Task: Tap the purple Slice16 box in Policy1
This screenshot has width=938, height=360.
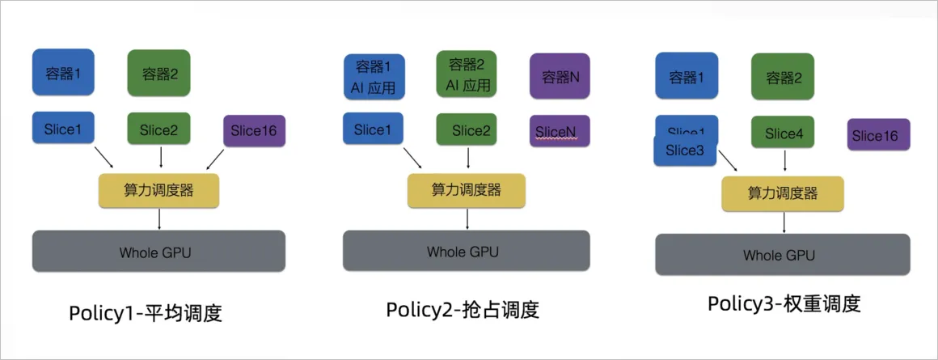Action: (x=254, y=131)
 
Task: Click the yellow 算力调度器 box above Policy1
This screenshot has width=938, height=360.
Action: (x=158, y=190)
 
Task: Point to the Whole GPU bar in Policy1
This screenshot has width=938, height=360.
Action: (x=158, y=251)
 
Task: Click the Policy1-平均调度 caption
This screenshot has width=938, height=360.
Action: (x=146, y=312)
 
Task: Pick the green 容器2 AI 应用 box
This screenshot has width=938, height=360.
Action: (x=465, y=74)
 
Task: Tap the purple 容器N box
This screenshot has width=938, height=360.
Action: (x=560, y=77)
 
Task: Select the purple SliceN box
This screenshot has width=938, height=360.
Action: (x=560, y=131)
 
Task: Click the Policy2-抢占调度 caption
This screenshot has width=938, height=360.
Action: (x=462, y=310)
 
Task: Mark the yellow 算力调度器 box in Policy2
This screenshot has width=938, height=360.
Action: (x=466, y=190)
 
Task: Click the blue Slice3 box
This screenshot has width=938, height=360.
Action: (x=685, y=150)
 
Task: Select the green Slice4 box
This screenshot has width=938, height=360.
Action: (x=783, y=133)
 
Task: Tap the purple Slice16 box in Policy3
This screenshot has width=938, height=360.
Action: (x=879, y=135)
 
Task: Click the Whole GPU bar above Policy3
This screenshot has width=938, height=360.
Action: (x=782, y=254)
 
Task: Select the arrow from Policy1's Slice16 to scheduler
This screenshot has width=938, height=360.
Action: (x=216, y=159)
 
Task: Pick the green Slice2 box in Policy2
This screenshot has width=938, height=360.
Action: (x=466, y=129)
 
